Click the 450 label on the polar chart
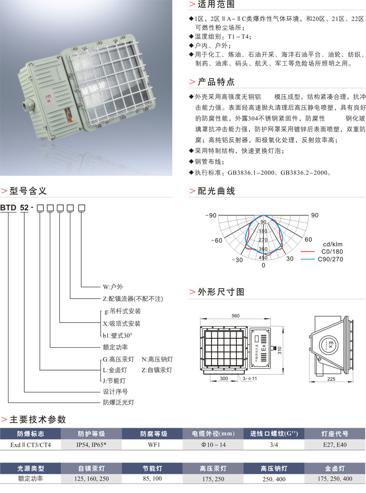coord(263,258)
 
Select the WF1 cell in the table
coord(153,444)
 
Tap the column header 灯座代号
coord(335,434)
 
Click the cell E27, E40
coord(335,444)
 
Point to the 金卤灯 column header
coord(335,468)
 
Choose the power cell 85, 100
coord(153,478)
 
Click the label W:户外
coord(113,287)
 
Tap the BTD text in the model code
coord(9,207)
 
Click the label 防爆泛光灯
coord(119,402)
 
